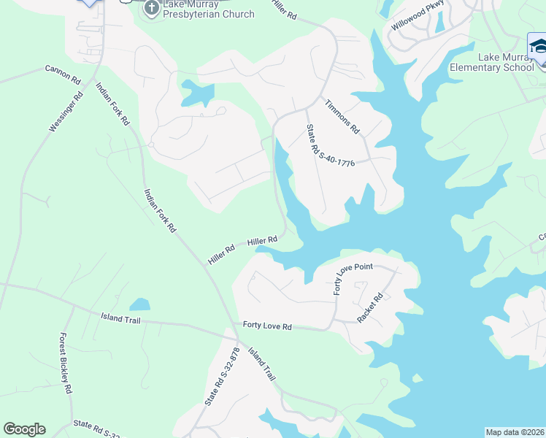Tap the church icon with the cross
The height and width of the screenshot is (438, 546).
[152, 9]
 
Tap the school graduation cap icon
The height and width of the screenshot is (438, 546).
[539, 47]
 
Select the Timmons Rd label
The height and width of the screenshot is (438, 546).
[342, 116]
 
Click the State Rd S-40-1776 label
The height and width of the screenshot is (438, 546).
[330, 146]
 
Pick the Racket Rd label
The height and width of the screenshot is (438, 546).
[370, 308]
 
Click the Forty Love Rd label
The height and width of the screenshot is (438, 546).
[267, 326]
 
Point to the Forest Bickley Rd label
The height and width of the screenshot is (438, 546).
[66, 364]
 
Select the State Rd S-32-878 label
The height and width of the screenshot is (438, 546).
[222, 375]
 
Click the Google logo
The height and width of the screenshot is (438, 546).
[25, 429]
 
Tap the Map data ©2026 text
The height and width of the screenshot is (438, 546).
[515, 432]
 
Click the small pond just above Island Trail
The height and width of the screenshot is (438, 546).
[139, 304]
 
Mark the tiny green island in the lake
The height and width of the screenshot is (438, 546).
[417, 378]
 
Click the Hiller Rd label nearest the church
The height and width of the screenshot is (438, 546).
[285, 15]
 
